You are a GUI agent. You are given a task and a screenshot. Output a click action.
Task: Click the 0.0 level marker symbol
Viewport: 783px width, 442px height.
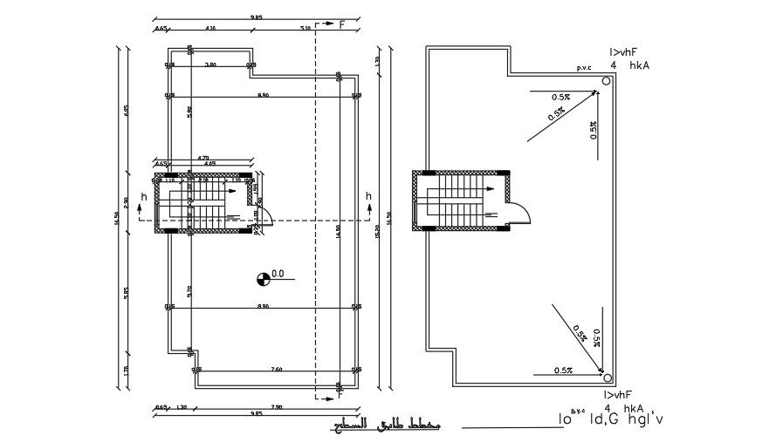click(x=262, y=279)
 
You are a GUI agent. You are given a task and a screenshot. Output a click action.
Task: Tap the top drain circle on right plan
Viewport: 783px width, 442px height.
click(x=604, y=84)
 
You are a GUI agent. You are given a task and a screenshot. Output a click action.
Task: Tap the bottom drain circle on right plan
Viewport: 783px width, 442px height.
click(x=604, y=374)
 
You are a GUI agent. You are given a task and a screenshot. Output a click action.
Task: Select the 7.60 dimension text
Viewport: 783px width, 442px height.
click(x=276, y=370)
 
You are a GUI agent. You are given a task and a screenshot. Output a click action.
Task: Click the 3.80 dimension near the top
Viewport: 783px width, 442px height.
click(x=210, y=65)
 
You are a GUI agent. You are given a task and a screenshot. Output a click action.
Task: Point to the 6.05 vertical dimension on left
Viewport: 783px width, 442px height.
click(x=126, y=110)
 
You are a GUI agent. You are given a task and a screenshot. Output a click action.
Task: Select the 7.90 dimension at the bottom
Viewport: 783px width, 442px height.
click(x=276, y=407)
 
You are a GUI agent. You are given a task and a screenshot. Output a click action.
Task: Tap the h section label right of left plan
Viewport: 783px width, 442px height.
click(x=368, y=196)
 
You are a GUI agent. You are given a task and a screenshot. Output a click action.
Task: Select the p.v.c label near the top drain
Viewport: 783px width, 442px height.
click(x=584, y=67)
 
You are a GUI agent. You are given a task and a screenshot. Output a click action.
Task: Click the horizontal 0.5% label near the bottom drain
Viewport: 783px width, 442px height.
click(x=563, y=371)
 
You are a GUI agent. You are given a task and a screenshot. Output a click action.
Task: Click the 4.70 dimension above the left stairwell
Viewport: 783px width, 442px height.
click(x=203, y=157)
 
